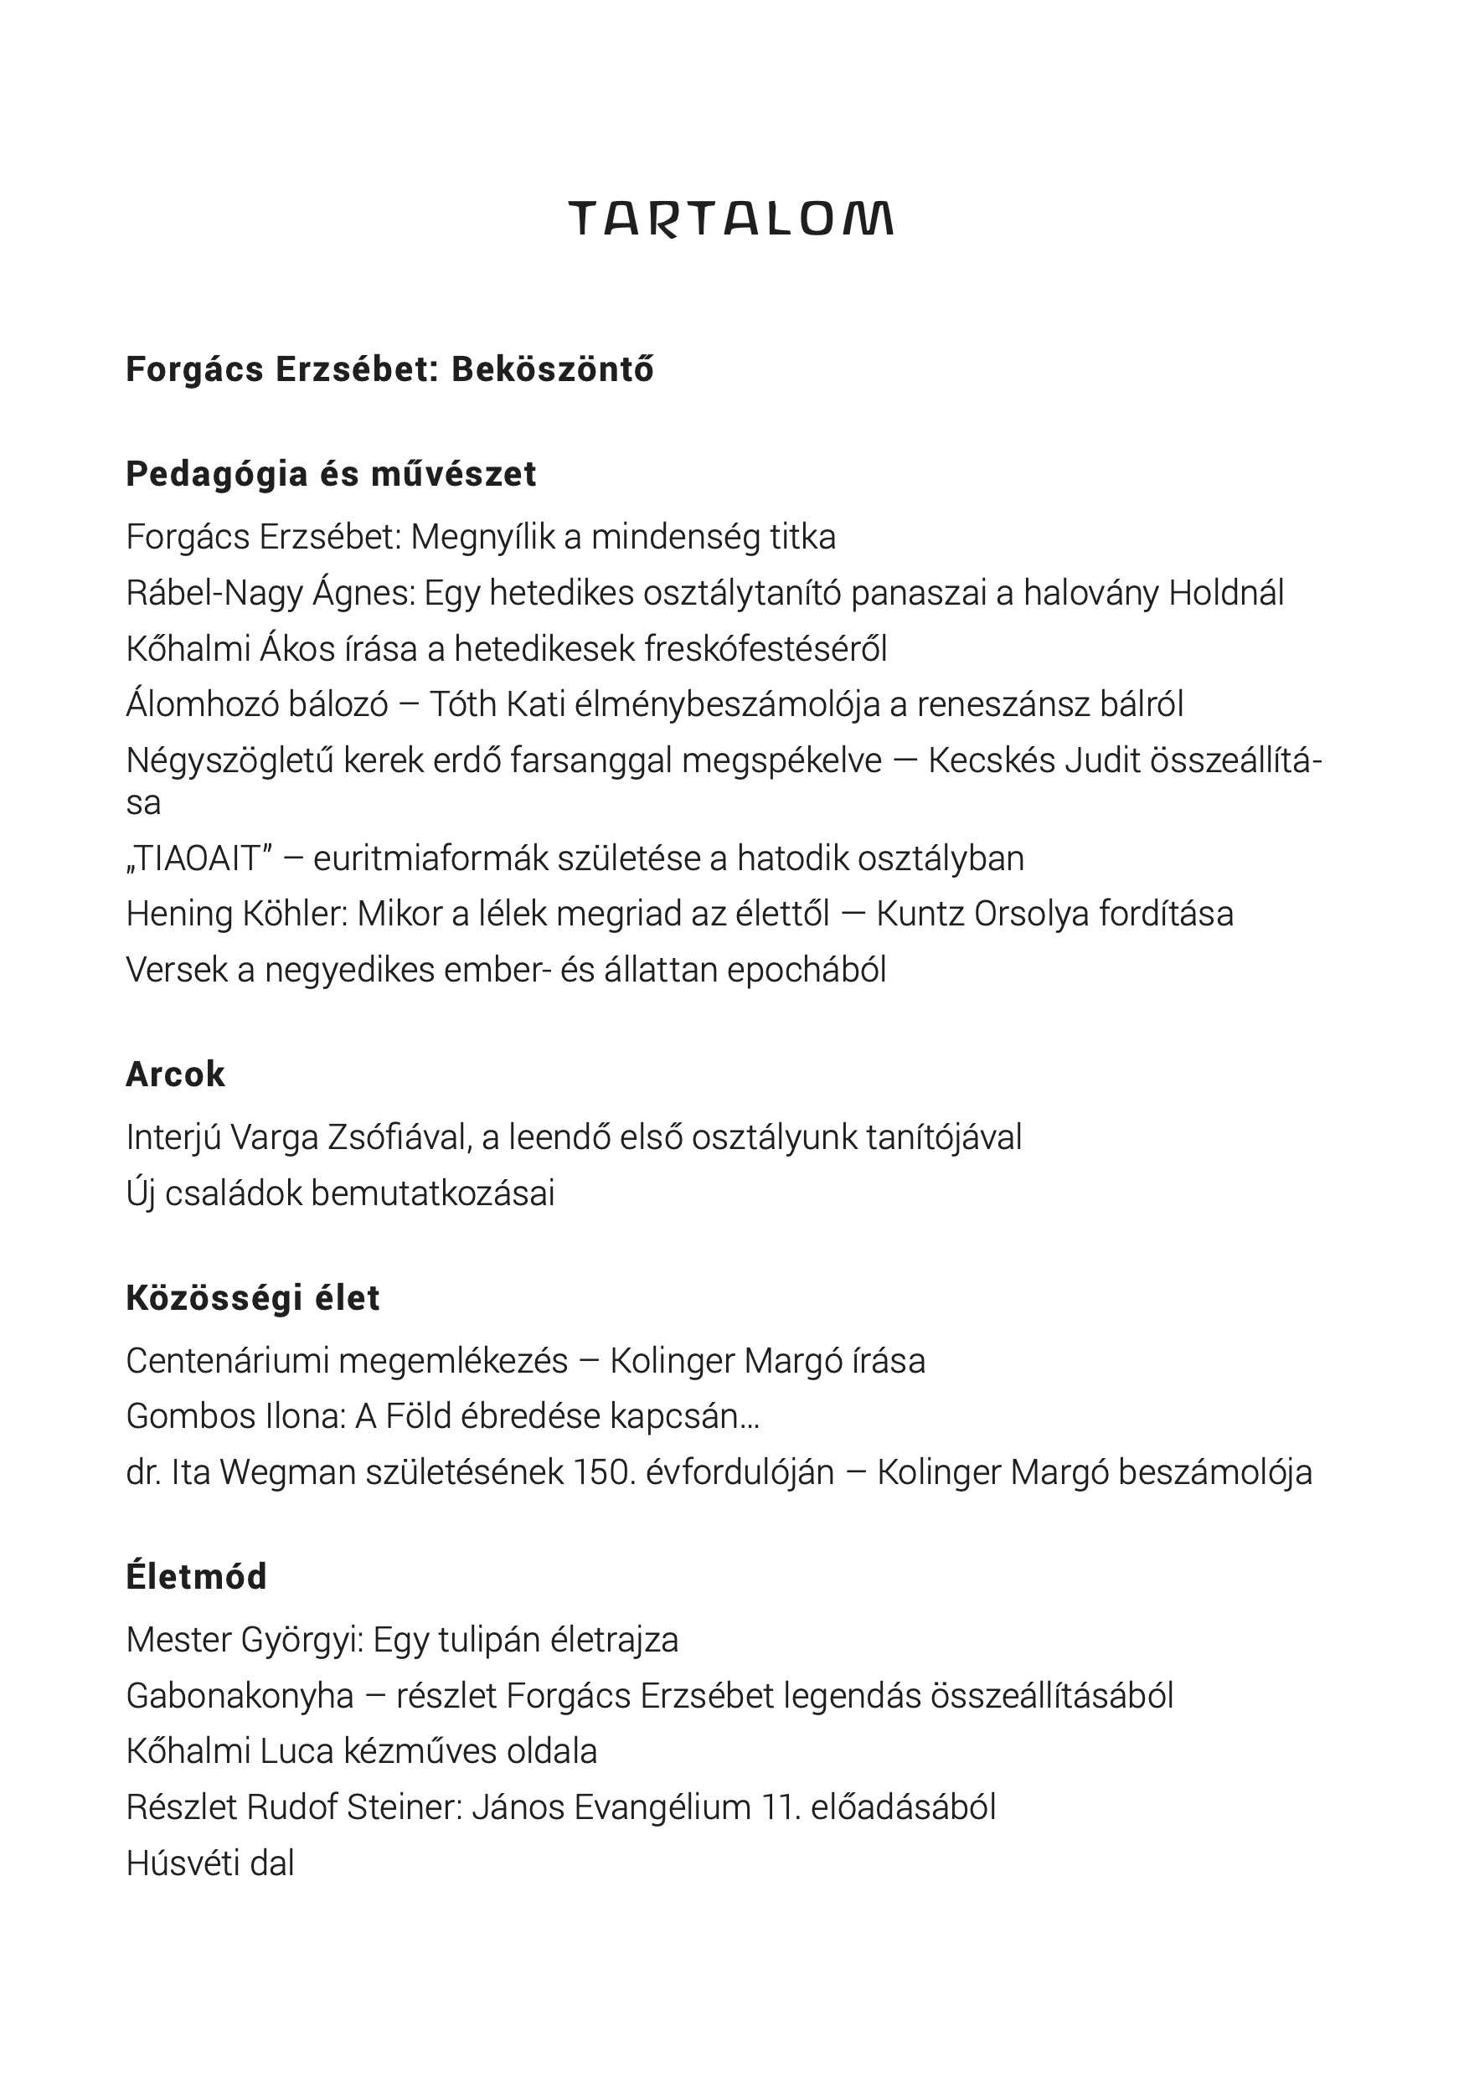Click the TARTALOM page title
731,219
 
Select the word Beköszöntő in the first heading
552,369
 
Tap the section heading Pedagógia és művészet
331,474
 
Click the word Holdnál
1226,594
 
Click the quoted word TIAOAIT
198,858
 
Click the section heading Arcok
176,1075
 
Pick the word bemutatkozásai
432,1193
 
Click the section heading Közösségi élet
253,1298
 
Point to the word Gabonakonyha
240,1695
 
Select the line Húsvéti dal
211,1863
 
